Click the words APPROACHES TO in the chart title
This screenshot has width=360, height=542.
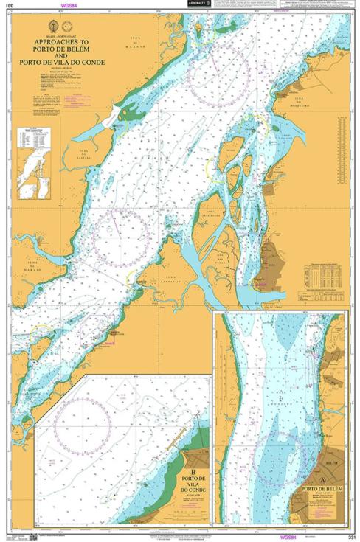pyautogui.click(x=63, y=44)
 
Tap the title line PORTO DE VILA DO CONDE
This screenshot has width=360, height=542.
pyautogui.click(x=63, y=62)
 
